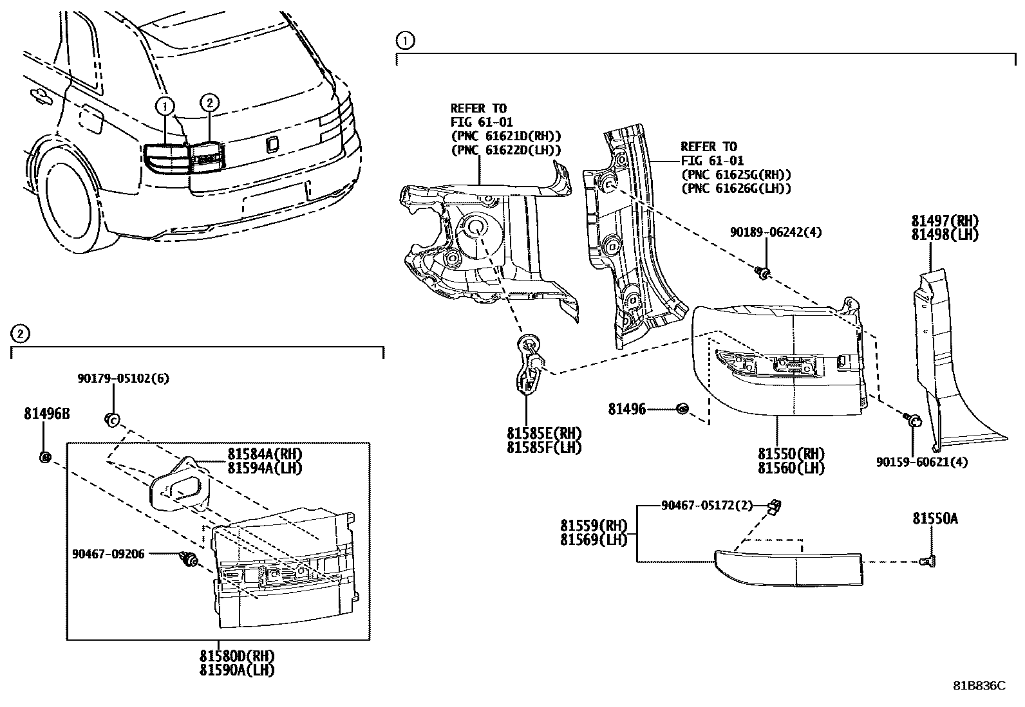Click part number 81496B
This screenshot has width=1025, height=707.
click(46, 414)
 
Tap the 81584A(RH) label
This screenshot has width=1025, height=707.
click(264, 454)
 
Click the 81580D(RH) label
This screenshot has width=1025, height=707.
click(236, 656)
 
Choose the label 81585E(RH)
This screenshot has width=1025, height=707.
click(543, 433)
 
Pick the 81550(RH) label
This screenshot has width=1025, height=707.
click(791, 454)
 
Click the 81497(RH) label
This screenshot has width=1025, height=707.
click(945, 221)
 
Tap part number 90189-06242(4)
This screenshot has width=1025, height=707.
click(776, 232)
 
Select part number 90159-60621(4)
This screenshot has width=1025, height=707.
click(921, 461)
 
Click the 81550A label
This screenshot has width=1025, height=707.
click(934, 518)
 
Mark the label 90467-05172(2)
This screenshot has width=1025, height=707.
click(706, 506)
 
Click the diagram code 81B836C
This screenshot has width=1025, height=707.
click(979, 686)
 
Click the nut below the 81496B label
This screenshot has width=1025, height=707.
click(44, 457)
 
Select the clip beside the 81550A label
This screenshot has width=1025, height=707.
click(928, 561)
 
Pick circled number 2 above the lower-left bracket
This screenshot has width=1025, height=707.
click(20, 333)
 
